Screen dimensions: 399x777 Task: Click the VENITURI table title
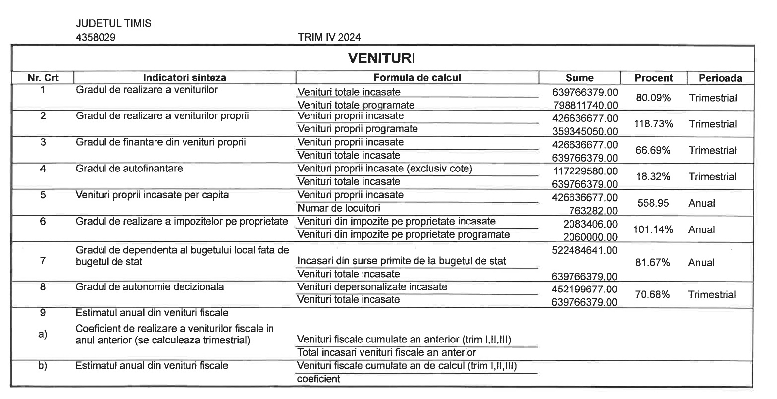coord(381,58)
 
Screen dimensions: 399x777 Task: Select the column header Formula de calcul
coord(417,78)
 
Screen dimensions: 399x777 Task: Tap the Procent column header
coord(653,78)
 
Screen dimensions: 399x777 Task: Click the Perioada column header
coord(720,78)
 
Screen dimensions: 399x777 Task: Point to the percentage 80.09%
coord(653,98)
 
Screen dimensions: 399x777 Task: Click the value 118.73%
coord(653,124)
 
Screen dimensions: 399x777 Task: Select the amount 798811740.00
coord(585,105)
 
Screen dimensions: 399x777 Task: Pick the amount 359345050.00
coord(585,131)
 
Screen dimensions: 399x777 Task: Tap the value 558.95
coord(653,203)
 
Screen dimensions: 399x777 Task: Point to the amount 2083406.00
coord(590,224)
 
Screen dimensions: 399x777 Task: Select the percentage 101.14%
coord(653,229)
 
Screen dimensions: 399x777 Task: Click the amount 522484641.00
coord(584,250)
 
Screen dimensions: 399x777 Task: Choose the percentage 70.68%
coord(652,295)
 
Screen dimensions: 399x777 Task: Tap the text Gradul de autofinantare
coord(129,169)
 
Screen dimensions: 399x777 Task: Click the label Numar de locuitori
coord(339,208)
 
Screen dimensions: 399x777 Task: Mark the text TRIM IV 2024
coord(329,37)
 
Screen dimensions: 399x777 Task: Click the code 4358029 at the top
coord(96,37)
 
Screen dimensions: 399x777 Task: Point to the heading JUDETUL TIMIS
coord(113,23)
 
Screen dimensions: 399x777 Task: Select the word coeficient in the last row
coord(318,379)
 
